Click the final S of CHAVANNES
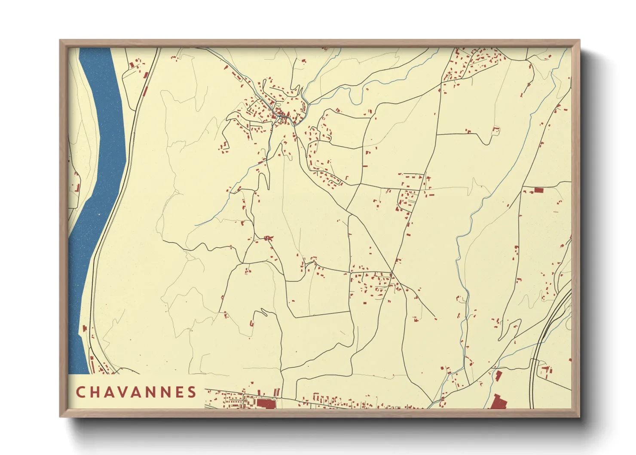click(192, 392)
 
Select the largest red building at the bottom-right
click(498, 402)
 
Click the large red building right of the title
click(266, 403)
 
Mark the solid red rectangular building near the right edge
click(538, 190)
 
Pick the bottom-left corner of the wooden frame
click(61, 416)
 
